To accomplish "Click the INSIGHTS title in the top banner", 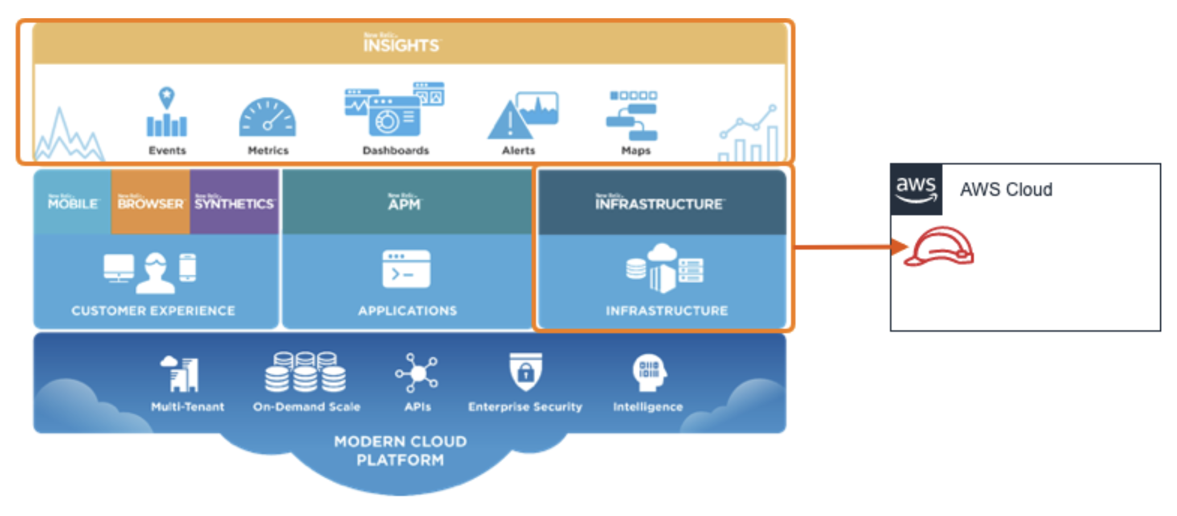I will coord(401,44).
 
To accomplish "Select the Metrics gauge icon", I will coord(268,118).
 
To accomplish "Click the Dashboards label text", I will coord(396,150).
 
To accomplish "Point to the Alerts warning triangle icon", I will coord(510,121).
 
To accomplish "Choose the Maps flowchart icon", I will coord(633,116).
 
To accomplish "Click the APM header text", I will coord(405,203).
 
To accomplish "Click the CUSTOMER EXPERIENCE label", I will coord(153,311).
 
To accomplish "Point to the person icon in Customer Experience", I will coord(155,273).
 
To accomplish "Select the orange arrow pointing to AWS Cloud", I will coord(850,247).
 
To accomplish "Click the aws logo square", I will coord(916,189).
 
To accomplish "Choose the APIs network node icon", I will coord(417,373).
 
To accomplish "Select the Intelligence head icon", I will coord(649,372).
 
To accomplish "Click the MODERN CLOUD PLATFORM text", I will coord(400,450).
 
